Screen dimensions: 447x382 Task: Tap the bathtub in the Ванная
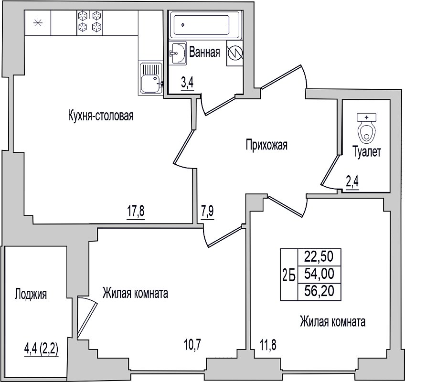205,25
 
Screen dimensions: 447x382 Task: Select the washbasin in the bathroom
178,53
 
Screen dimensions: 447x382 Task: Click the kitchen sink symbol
151,78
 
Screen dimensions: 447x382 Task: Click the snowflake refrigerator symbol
38,23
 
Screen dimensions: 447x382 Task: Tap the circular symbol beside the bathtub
235,53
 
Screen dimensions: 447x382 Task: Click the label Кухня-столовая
101,116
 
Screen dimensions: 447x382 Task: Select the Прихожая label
266,145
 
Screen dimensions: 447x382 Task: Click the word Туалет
367,151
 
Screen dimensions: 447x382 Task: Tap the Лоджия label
31,294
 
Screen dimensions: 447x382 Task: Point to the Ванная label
205,52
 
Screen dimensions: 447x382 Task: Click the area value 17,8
136,212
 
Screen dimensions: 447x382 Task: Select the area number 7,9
208,212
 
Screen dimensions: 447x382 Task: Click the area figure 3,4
187,83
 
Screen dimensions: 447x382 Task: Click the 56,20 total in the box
319,291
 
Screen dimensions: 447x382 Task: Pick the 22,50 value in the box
319,256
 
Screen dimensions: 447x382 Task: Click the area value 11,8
268,345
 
